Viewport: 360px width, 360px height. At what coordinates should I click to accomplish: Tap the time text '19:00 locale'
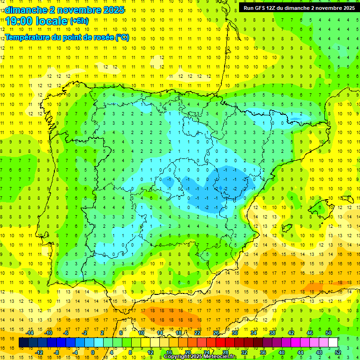coord(36,20)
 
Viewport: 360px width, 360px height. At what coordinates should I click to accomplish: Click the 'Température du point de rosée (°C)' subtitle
coord(67,37)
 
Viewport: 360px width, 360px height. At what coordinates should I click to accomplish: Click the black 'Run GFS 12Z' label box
coord(299,7)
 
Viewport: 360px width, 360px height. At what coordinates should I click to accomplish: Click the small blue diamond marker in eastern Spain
coord(221,188)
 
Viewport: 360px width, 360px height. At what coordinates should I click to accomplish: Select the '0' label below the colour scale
coord(93,352)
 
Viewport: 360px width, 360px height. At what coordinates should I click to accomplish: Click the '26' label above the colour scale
coord(216,333)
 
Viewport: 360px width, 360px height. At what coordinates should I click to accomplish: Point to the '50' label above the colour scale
coord(329,333)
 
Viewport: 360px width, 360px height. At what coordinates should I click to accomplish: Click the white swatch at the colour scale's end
coord(333,343)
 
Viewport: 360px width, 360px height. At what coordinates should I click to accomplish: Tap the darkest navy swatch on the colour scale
coord(24,343)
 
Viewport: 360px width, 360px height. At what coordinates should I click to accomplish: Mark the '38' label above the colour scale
coord(272,333)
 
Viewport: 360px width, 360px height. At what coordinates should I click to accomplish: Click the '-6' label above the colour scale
coord(66,333)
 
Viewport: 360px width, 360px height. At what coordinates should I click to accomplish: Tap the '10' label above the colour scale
coord(141,333)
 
